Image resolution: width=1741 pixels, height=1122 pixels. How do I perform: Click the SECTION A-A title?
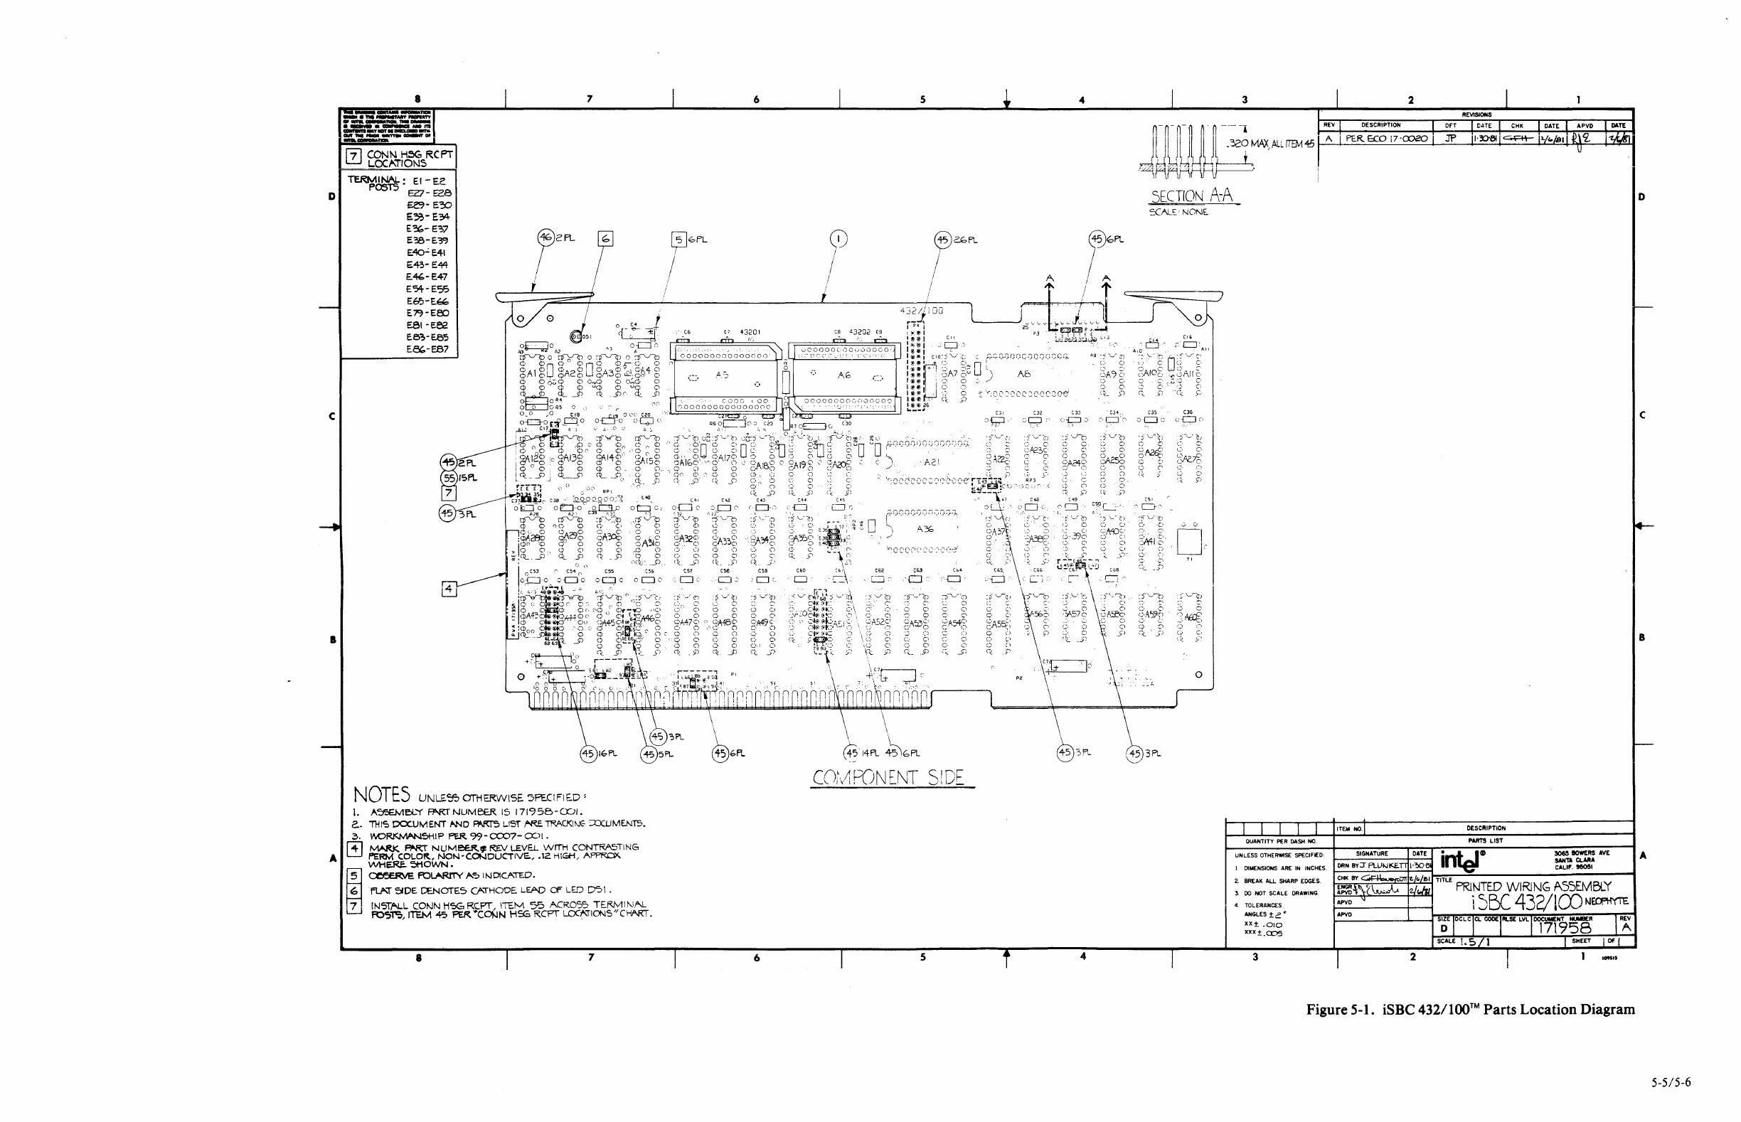(1191, 196)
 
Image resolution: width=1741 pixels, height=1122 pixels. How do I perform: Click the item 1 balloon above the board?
(838, 238)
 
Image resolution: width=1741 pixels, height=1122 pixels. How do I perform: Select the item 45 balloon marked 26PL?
(943, 239)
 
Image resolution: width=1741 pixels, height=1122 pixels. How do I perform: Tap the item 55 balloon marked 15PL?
(449, 478)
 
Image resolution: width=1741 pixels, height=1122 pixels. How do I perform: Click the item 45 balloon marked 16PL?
(589, 754)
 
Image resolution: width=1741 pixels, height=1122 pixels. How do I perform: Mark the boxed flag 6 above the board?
(605, 238)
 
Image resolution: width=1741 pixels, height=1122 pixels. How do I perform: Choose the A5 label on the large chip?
(721, 375)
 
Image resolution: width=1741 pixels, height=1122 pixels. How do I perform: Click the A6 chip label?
(844, 375)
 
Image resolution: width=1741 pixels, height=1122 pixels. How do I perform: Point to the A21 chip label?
(932, 462)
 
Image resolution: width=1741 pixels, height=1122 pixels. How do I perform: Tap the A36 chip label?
(925, 529)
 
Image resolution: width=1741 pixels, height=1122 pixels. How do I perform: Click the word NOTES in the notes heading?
(381, 794)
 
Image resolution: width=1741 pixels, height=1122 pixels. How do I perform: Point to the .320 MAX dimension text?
(1271, 144)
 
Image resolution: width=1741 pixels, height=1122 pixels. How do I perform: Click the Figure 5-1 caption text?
(1470, 1009)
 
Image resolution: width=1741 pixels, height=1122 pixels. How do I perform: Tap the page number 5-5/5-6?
(1671, 1083)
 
